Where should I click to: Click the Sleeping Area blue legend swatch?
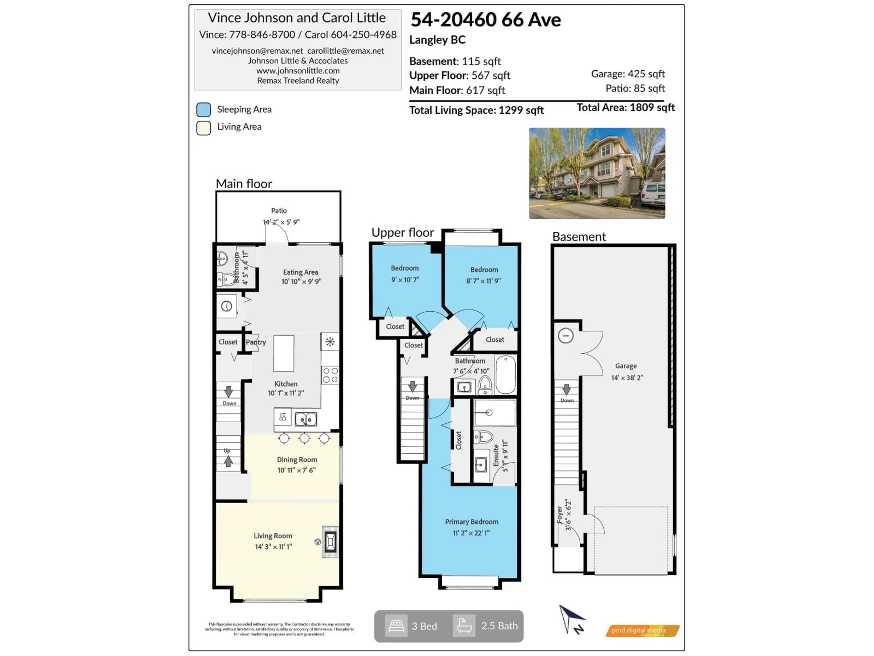203,110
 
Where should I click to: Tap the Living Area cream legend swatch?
203,128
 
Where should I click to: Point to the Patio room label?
279,211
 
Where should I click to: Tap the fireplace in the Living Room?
330,541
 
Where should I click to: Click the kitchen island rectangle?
284,354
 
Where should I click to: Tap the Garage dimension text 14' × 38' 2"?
627,378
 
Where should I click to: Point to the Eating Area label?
300,272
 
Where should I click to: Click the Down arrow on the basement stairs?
566,389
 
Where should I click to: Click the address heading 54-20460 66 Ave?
486,20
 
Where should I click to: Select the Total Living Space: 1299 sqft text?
476,110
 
